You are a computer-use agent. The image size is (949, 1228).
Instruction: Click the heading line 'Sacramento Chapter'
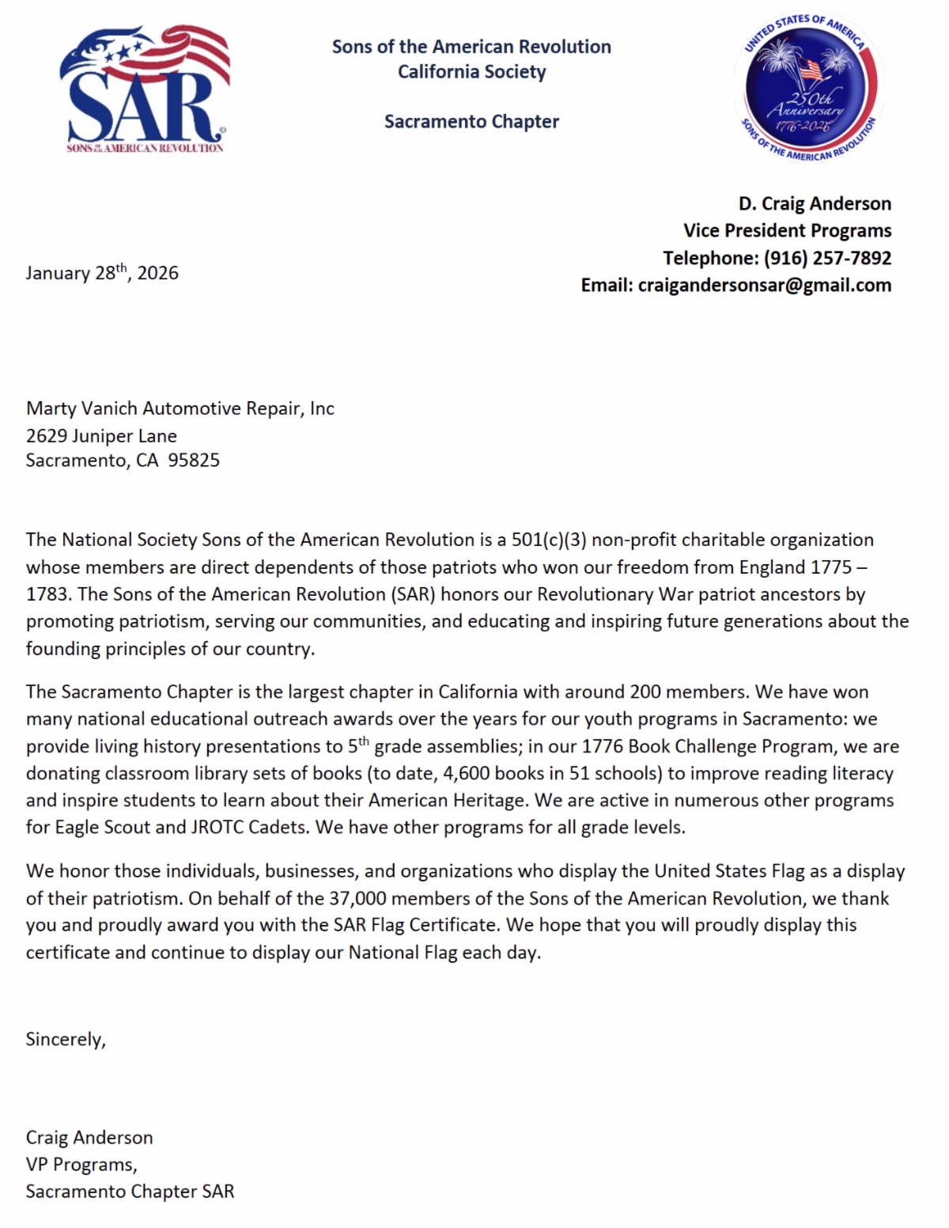pos(471,122)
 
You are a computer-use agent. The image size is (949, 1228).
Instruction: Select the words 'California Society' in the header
pos(471,72)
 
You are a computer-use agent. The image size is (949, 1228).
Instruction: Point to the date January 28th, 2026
pos(102,273)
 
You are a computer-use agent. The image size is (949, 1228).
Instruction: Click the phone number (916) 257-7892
pos(827,258)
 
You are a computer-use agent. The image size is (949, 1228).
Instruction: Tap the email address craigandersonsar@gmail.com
pos(764,285)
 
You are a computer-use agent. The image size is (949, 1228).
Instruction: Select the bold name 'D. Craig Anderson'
pos(815,204)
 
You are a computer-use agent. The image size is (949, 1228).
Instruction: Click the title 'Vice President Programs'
pos(787,231)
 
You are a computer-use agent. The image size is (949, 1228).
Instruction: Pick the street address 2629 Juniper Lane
pos(101,436)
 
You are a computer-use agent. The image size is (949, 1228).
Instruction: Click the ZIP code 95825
pos(194,460)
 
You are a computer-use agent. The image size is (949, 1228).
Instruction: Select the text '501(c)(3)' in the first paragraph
pos(549,540)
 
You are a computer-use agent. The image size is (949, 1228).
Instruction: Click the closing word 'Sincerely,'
pos(66,1040)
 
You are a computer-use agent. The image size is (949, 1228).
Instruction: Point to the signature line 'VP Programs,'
pos(81,1165)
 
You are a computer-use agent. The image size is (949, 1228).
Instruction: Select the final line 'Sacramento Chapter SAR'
pos(130,1192)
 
